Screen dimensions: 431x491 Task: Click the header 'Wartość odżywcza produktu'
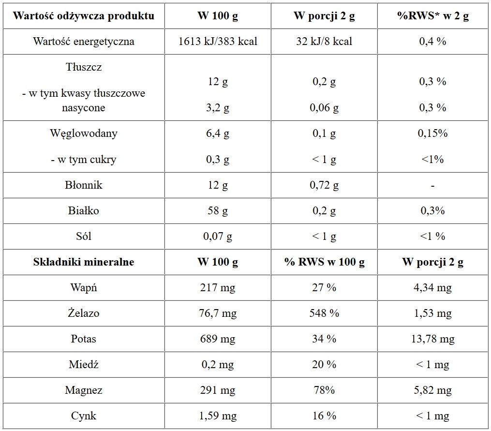pos(84,16)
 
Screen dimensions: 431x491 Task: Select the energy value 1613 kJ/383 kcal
pos(218,42)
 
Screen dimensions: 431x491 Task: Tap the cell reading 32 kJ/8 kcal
pos(324,42)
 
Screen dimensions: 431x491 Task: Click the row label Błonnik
pos(84,185)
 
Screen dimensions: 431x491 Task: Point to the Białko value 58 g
pos(218,211)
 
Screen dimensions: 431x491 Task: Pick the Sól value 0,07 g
pos(218,237)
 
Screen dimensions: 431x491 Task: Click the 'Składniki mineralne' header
pos(84,262)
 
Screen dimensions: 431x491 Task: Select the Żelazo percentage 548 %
pos(324,313)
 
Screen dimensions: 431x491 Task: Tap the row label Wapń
pos(84,288)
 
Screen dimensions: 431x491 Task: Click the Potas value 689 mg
pos(218,339)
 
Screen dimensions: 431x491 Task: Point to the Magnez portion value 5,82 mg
pos(432,390)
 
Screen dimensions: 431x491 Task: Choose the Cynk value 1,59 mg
pos(218,416)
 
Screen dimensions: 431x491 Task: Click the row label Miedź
pos(84,365)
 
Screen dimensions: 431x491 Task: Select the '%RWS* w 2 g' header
pos(432,16)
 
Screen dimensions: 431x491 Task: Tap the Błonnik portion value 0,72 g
pos(324,185)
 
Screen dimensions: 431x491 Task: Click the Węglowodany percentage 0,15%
pos(432,134)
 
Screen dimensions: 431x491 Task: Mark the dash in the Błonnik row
pos(432,185)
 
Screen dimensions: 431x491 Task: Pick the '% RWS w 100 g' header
pos(324,262)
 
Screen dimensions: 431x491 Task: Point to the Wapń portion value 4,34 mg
pos(432,288)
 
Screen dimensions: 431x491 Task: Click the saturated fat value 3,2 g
pos(218,108)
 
